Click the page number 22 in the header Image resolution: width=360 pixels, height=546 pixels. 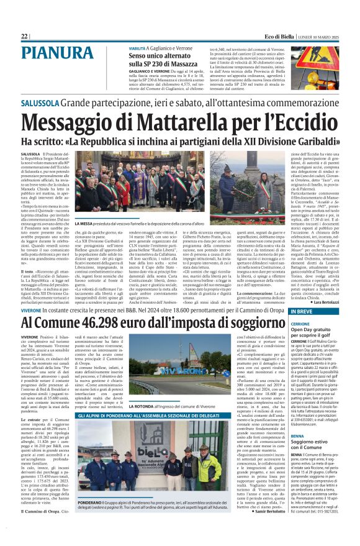(24, 37)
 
